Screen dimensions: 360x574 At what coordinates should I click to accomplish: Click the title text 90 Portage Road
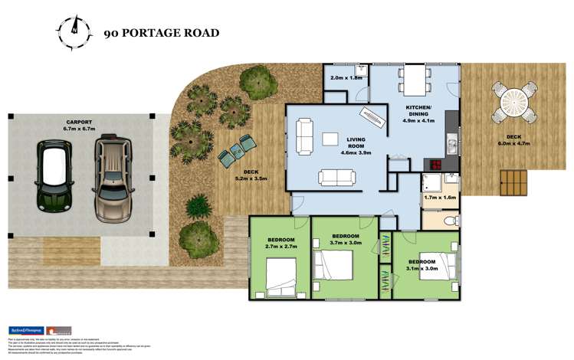(x=162, y=33)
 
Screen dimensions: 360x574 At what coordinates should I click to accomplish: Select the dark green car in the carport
(x=54, y=177)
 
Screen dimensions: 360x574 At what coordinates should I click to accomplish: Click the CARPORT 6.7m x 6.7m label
(x=79, y=126)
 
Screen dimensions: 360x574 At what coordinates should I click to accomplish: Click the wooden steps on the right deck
(x=513, y=182)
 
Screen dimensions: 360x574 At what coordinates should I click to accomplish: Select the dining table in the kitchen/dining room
(x=415, y=78)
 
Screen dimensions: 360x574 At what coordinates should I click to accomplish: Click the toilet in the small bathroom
(x=451, y=221)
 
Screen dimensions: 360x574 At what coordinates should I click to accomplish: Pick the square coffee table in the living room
(x=330, y=139)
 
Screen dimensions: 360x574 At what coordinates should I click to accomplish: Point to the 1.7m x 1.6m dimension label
(x=439, y=198)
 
